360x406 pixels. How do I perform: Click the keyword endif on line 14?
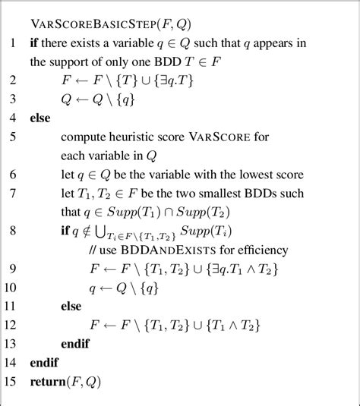pyautogui.click(x=44, y=363)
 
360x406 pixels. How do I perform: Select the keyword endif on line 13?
pyautogui.click(x=74, y=343)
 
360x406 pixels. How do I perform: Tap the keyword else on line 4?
pyautogui.click(x=40, y=118)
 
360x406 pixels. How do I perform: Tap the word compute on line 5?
pyautogui.click(x=84, y=137)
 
